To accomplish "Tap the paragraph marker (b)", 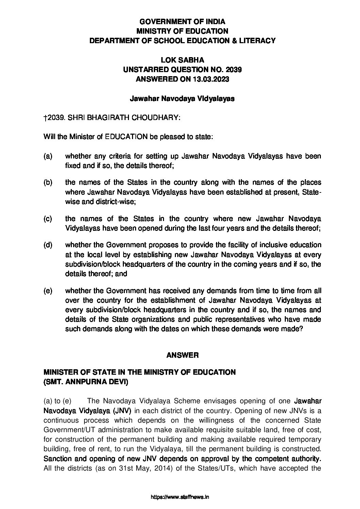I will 48,183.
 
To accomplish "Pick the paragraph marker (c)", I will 48,218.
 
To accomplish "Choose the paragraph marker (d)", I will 48,245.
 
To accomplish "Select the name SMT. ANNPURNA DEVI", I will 85,382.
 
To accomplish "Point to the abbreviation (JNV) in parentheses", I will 124,410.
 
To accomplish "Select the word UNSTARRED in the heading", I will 147,70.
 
